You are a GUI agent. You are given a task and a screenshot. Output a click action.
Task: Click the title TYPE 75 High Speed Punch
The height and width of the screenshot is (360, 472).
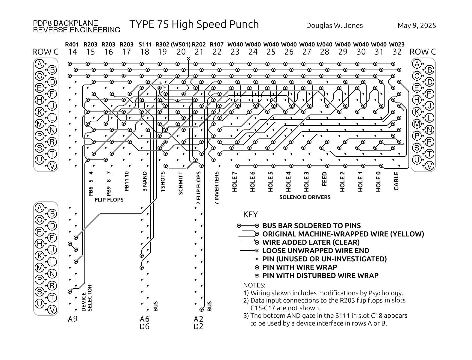click(x=194, y=25)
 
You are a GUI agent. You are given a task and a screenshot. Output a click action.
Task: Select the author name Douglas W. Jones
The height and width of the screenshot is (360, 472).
click(x=334, y=26)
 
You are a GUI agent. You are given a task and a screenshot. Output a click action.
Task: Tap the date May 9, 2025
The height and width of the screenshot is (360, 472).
click(x=417, y=26)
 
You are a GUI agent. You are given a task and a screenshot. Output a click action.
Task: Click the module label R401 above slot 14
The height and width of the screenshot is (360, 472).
click(x=72, y=45)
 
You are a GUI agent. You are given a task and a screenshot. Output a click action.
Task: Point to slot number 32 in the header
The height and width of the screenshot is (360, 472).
click(x=397, y=52)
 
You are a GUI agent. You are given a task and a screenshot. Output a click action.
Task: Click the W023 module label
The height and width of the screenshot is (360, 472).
click(x=397, y=45)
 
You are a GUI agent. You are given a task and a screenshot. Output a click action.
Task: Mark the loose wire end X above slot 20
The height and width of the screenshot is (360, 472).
click(x=188, y=58)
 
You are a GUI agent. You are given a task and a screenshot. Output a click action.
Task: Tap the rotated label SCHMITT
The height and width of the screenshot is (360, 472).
click(x=181, y=183)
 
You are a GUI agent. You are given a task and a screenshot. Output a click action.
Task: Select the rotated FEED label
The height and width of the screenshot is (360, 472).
click(x=324, y=179)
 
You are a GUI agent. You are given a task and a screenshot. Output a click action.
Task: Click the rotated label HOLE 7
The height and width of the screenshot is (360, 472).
click(x=235, y=182)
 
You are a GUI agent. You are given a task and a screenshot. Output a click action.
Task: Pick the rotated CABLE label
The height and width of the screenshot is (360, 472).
click(x=396, y=181)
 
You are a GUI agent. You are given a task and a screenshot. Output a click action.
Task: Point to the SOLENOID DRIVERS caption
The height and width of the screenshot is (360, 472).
click(x=305, y=197)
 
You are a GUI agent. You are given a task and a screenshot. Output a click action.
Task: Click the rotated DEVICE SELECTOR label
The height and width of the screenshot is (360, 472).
click(x=87, y=298)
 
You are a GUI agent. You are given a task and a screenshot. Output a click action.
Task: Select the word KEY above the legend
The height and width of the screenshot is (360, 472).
click(x=250, y=215)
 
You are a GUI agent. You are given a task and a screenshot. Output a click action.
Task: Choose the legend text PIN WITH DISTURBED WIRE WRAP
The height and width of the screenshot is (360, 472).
click(x=320, y=275)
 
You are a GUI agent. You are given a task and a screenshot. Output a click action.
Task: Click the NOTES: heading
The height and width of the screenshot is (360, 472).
click(x=254, y=285)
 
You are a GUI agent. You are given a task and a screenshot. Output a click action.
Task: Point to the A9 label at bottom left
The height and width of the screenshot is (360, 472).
click(x=72, y=319)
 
